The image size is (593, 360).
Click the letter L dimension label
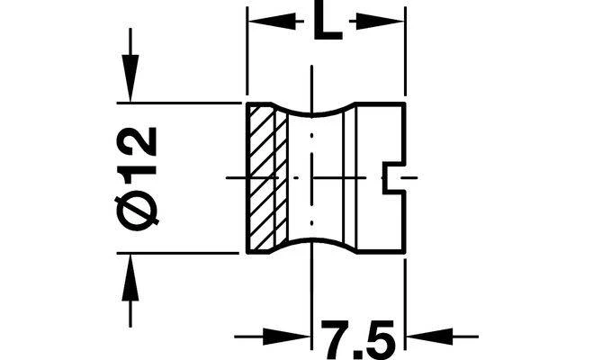click(x=328, y=22)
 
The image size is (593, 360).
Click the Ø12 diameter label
click(x=137, y=178)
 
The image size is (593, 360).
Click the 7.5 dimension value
click(x=358, y=339)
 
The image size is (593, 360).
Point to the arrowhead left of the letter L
click(x=272, y=22)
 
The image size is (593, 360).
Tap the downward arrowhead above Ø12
click(x=130, y=78)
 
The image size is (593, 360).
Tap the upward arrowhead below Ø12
click(x=130, y=277)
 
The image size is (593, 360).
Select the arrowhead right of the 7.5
click(x=429, y=337)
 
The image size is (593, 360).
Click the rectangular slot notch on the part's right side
click(x=394, y=177)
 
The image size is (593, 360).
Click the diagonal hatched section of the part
click(x=268, y=177)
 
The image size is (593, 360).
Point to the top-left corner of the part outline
click(x=247, y=103)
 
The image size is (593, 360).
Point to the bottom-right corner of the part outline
click(x=404, y=252)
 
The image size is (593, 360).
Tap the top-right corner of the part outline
click(x=405, y=103)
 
